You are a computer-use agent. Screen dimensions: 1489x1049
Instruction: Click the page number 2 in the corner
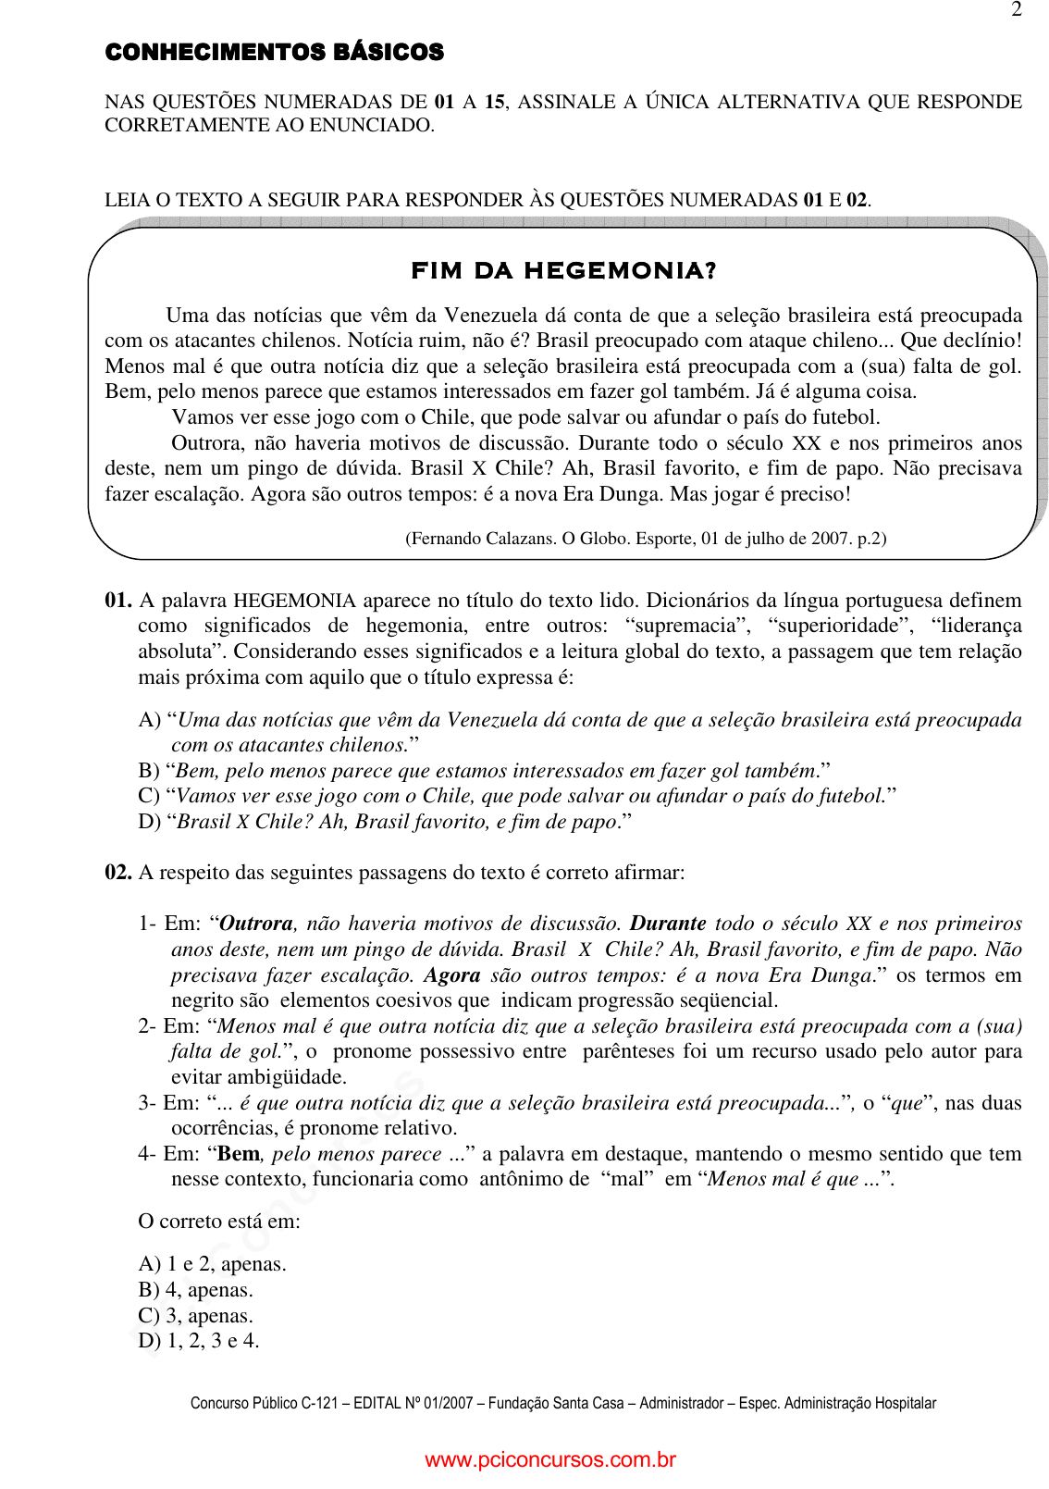1017,10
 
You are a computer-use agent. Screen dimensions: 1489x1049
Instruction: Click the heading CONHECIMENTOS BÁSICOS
275,53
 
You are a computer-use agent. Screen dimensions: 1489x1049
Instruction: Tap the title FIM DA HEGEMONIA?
563,271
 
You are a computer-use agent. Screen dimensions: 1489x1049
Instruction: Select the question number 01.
117,601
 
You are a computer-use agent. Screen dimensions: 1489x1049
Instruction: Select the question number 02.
117,873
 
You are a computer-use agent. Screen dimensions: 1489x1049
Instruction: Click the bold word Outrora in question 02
256,924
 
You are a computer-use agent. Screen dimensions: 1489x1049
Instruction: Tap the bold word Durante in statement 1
668,924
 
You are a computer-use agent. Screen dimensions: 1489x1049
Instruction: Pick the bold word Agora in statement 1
452,975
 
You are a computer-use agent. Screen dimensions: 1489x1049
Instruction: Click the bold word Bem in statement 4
239,1154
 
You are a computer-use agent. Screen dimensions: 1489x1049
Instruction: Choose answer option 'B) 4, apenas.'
195,1290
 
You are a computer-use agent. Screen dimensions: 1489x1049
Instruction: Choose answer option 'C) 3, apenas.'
195,1316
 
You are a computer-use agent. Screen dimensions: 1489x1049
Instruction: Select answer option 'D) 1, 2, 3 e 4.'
199,1341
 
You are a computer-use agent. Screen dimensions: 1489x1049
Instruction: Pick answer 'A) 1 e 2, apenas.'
212,1264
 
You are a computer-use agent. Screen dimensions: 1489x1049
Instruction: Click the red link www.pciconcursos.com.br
550,1460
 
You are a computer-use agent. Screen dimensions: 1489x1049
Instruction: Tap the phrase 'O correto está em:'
219,1222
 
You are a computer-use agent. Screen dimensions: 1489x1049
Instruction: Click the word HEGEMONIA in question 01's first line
294,601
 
